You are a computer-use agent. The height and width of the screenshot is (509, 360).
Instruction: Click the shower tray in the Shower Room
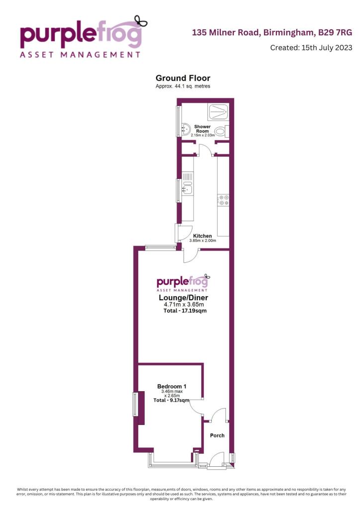[x=217, y=113]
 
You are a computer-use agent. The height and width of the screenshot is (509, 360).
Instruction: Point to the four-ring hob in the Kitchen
[x=223, y=200]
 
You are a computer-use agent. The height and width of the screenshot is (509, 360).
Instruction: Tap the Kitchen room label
[x=202, y=236]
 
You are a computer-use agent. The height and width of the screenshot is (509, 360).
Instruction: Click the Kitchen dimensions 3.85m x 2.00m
[x=202, y=241]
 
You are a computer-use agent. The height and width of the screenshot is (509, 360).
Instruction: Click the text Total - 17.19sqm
[x=184, y=311]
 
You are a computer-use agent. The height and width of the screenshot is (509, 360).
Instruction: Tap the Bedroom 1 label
[x=172, y=386]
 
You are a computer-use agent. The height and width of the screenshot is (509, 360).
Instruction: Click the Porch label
[x=217, y=435]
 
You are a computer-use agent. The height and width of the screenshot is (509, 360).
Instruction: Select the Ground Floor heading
[x=182, y=78]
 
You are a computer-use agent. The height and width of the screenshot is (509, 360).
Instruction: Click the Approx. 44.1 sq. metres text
[x=182, y=86]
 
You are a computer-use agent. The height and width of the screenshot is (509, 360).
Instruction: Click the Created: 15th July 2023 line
[x=311, y=48]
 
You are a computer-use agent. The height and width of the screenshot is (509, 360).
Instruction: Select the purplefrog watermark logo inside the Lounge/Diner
[x=182, y=282]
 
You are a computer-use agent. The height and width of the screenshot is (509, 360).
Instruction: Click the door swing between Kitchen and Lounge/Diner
[x=190, y=254]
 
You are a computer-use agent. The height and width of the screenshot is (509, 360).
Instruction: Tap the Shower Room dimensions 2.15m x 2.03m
[x=202, y=135]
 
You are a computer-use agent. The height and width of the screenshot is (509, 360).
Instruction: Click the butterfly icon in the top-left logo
[x=142, y=21]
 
